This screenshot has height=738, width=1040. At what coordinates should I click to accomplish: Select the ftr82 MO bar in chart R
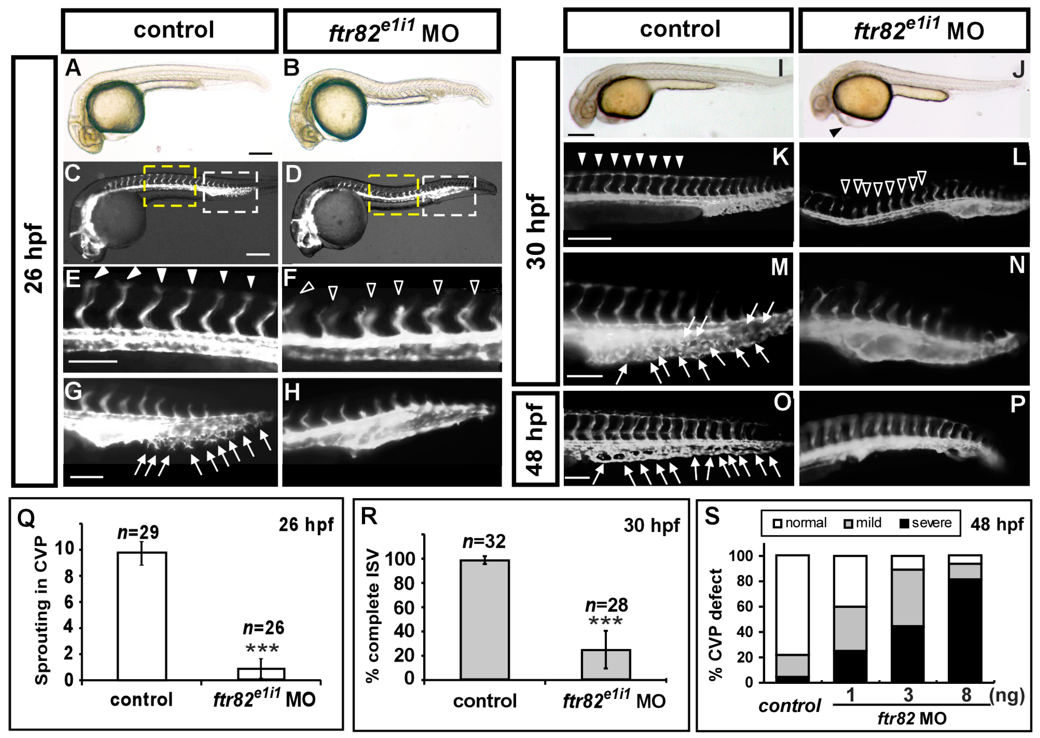pyautogui.click(x=606, y=664)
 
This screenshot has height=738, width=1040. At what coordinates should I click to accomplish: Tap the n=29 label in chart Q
pyautogui.click(x=138, y=532)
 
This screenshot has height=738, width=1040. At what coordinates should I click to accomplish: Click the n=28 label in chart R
pyautogui.click(x=607, y=605)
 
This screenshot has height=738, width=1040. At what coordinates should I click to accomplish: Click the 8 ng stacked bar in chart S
pyautogui.click(x=965, y=618)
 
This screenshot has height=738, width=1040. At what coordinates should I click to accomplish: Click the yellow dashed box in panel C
pyautogui.click(x=170, y=186)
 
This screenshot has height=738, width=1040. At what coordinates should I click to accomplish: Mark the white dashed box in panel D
pyautogui.click(x=449, y=196)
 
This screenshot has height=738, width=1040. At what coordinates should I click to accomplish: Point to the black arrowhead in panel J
pyautogui.click(x=835, y=132)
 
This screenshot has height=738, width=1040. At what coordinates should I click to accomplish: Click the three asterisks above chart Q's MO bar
pyautogui.click(x=262, y=648)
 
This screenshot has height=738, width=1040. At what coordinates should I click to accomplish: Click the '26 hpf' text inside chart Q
pyautogui.click(x=306, y=525)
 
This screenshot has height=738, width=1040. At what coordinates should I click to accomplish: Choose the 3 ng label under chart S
pyautogui.click(x=908, y=695)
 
